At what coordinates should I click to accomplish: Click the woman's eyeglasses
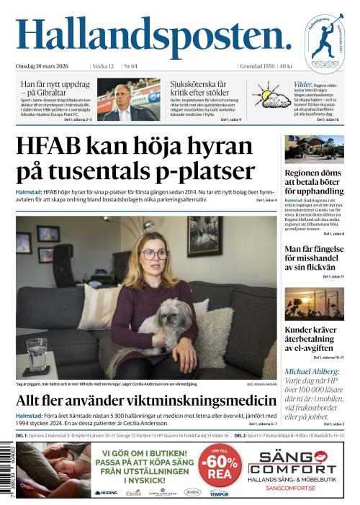point(156,254)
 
